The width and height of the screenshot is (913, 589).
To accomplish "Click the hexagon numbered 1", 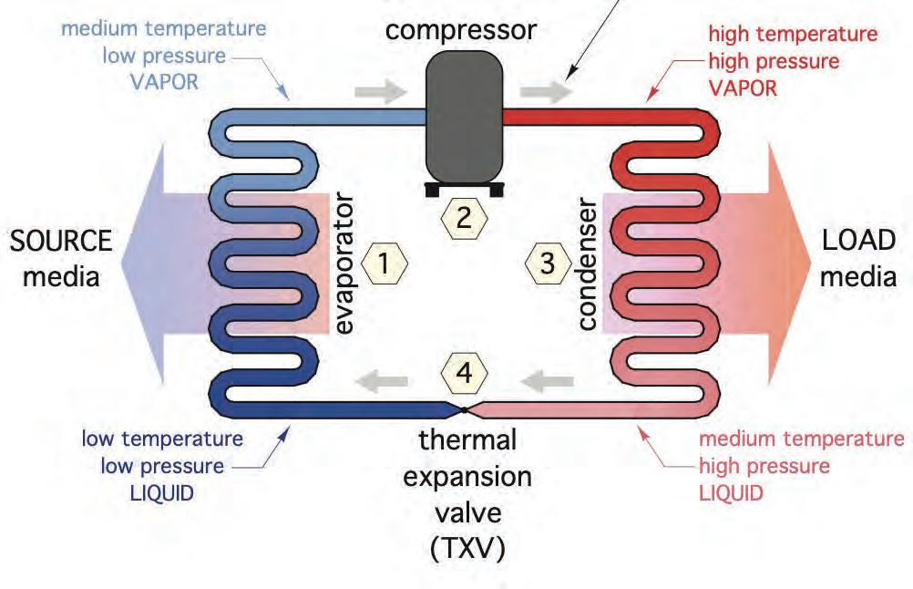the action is [385, 263].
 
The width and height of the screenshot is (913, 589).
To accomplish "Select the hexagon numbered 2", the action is [464, 219].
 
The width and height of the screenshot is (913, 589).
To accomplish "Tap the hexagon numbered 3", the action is [548, 263].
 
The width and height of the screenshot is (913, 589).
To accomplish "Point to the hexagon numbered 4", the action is [464, 372].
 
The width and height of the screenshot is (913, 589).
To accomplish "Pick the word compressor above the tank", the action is [460, 30].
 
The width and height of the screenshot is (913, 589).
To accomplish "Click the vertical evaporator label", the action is [344, 263].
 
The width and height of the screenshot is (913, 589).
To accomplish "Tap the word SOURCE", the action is [61, 241].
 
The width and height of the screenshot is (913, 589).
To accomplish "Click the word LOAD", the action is [858, 240].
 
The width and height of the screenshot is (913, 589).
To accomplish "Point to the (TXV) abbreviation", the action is [467, 548].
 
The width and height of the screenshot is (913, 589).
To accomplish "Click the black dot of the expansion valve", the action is [464, 410].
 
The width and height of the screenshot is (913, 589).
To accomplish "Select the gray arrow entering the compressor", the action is [380, 91].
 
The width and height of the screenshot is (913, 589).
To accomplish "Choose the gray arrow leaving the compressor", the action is [546, 91].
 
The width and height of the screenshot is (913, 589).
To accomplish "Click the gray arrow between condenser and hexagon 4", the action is [548, 382].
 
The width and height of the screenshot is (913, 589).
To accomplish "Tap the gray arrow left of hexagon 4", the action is [382, 382].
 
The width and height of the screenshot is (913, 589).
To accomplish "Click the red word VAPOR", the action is [743, 88].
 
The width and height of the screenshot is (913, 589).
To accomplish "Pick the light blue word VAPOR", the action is [164, 82].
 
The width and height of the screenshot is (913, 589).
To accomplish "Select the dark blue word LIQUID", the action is [162, 493].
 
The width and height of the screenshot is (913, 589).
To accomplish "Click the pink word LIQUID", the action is [732, 493].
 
